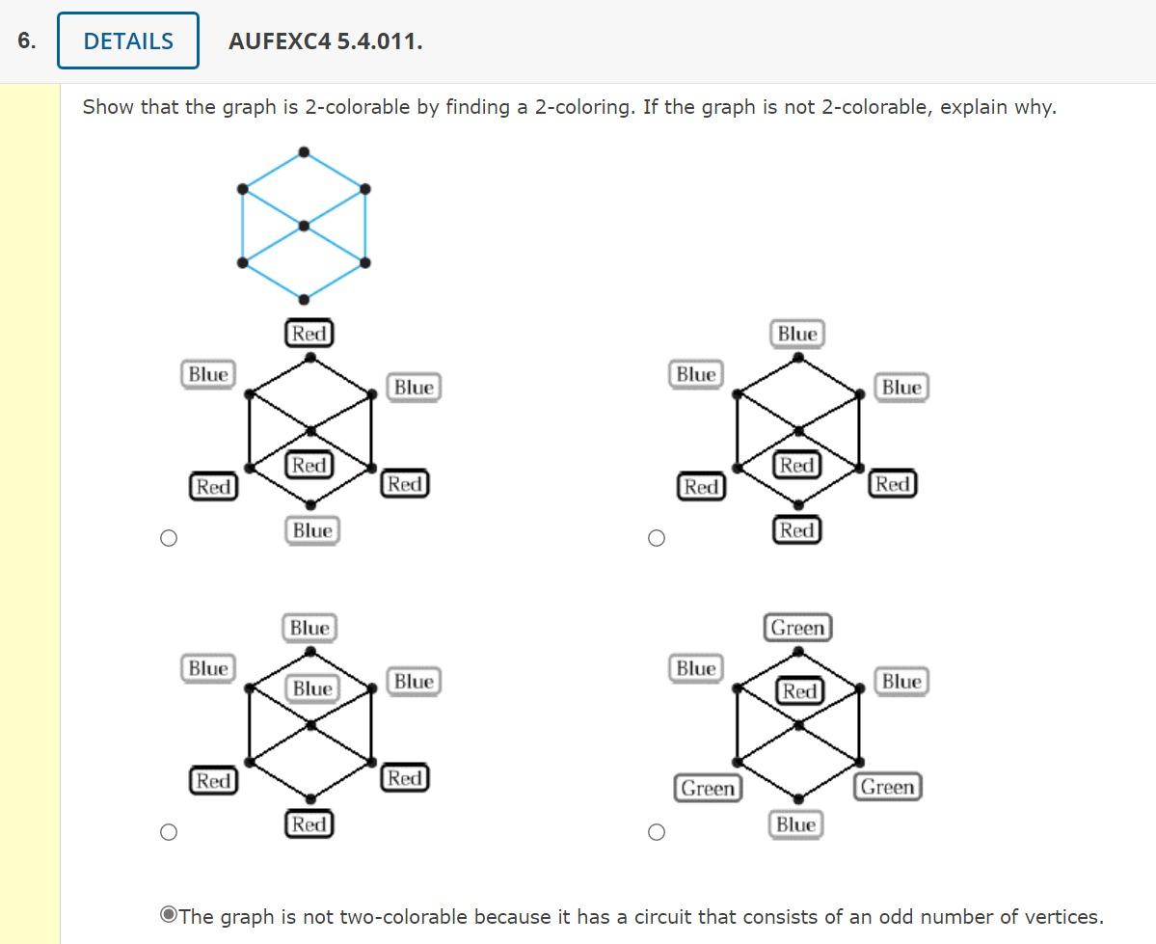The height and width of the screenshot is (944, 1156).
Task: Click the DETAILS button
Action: tap(128, 41)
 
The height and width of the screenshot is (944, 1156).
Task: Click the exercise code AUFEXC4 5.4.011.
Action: tap(325, 41)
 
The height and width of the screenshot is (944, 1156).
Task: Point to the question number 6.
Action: tap(26, 40)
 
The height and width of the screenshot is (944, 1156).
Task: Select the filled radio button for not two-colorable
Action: tap(168, 916)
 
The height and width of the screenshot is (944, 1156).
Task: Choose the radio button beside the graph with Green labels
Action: tap(656, 832)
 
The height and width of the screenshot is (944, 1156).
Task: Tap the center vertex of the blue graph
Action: tap(304, 226)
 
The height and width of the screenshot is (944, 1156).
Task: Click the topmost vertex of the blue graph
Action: tap(304, 151)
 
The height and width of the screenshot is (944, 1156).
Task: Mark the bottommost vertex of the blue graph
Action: tap(304, 299)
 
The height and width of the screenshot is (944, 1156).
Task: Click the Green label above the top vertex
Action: tap(798, 628)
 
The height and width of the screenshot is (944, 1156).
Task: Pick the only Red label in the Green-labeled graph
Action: tap(799, 691)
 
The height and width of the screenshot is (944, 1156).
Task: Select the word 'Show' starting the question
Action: tap(108, 107)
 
